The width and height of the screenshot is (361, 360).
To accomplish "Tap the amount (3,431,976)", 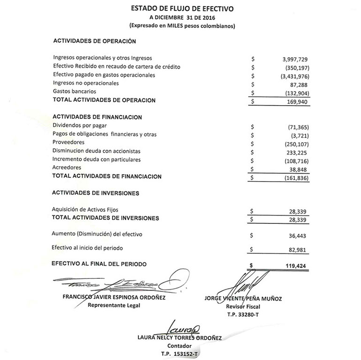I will pos(294,76).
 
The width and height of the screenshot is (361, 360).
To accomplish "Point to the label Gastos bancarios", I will pos(75,92).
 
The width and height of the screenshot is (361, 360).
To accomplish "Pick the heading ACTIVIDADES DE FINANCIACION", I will pos(98,117).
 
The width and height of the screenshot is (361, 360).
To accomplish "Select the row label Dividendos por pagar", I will pos(80,126).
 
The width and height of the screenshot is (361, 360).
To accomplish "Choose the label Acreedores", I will pos(67,168).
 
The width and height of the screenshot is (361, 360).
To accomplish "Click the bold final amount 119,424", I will pos(297,266).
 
